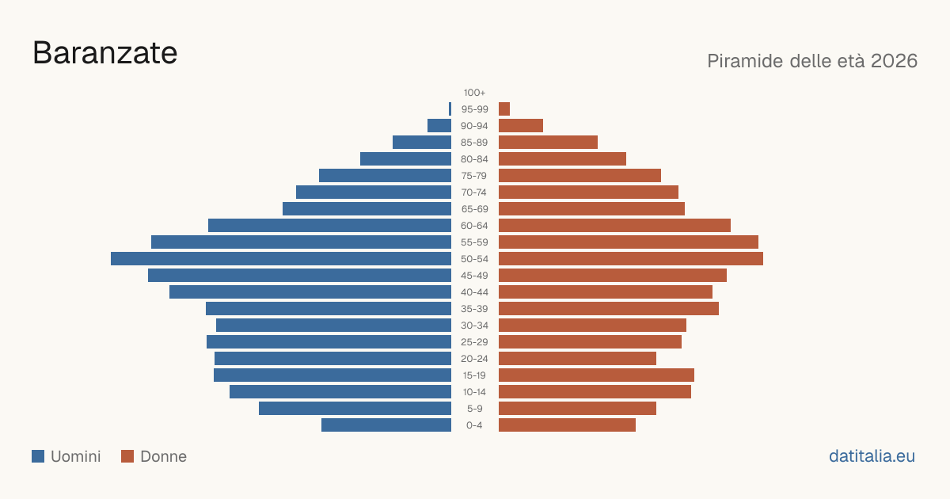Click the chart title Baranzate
[104, 53]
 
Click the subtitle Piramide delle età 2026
[812, 61]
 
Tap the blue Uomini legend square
[38, 456]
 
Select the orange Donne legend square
[127, 456]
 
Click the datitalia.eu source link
[872, 456]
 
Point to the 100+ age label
[474, 93]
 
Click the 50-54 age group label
[474, 259]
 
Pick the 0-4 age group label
[474, 425]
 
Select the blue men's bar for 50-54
[281, 259]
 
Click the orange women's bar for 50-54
[631, 259]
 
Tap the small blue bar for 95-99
[450, 109]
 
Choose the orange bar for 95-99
[504, 109]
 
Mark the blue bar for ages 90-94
[439, 126]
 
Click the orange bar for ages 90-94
[521, 126]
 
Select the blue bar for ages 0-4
[386, 425]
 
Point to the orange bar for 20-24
[577, 359]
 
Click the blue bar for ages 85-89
[422, 142]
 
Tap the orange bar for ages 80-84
[562, 159]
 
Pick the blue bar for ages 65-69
[367, 209]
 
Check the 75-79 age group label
[474, 176]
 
